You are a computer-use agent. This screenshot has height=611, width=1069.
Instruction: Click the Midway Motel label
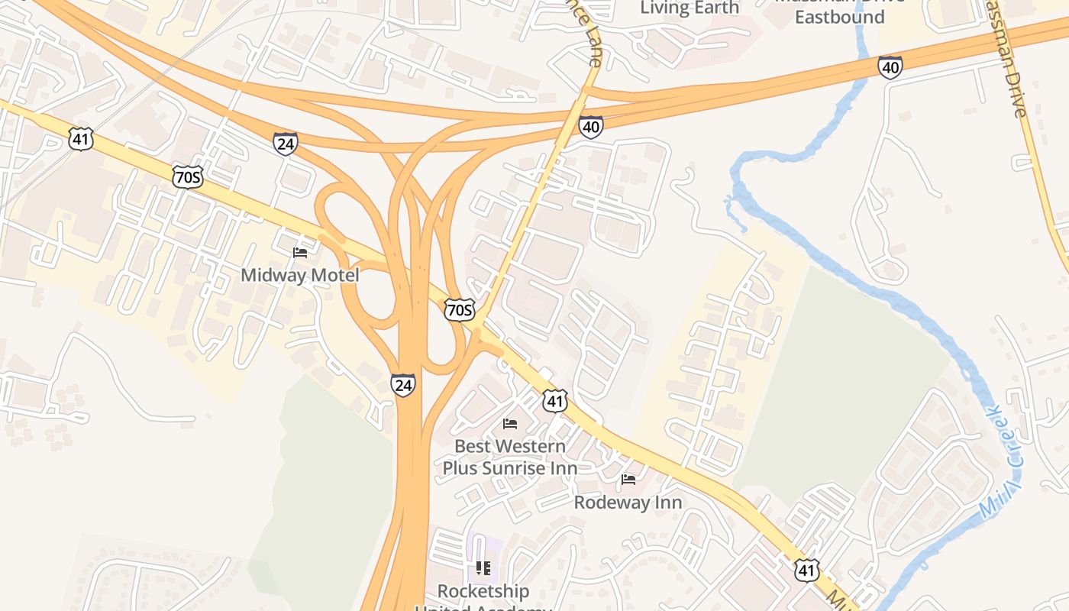click(x=299, y=275)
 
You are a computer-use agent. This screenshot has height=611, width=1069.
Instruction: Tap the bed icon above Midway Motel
click(x=300, y=252)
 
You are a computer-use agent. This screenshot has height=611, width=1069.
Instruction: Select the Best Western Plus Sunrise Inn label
click(x=510, y=457)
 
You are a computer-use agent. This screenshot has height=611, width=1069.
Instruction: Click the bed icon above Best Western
click(x=510, y=423)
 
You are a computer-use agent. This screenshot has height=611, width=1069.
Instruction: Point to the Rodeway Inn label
click(x=628, y=503)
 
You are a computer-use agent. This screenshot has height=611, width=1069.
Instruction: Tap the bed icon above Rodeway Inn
click(x=628, y=480)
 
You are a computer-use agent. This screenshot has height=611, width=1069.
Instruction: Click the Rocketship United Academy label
click(x=483, y=593)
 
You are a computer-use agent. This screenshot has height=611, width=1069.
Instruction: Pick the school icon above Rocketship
click(x=483, y=567)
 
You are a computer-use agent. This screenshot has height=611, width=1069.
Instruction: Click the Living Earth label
click(x=690, y=8)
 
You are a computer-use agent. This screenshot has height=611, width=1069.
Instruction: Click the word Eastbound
click(x=839, y=17)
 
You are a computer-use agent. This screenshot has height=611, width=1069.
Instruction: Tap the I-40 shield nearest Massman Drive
click(x=890, y=67)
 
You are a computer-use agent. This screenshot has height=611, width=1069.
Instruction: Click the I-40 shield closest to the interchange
click(x=590, y=127)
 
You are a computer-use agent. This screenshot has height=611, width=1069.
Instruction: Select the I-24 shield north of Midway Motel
click(x=285, y=143)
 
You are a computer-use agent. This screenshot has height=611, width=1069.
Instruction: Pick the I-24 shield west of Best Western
click(x=402, y=384)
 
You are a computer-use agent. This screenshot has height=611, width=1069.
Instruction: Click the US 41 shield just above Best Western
click(x=555, y=400)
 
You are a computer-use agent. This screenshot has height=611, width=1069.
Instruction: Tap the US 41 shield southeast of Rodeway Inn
click(x=806, y=570)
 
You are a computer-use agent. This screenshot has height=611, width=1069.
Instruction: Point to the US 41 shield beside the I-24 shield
click(x=80, y=138)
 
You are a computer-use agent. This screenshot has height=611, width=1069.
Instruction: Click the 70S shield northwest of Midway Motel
click(x=187, y=176)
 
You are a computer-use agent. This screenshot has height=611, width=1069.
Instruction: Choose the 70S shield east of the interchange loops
click(x=460, y=310)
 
